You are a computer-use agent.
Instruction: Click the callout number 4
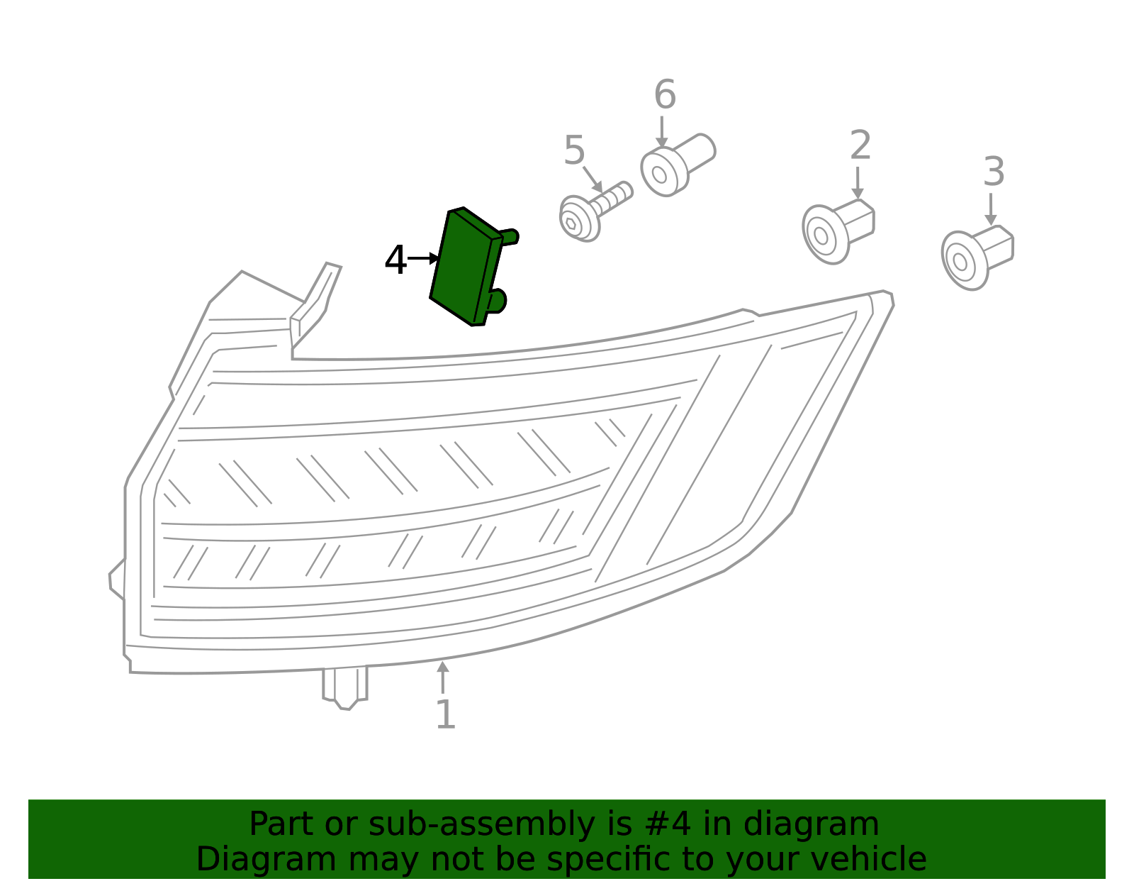pyautogui.click(x=395, y=260)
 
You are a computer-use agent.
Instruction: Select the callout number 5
pyautogui.click(x=574, y=150)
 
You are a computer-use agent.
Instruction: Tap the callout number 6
pyautogui.click(x=665, y=94)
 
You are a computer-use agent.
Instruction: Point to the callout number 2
pyautogui.click(x=860, y=145)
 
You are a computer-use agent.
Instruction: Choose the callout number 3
pyautogui.click(x=994, y=171)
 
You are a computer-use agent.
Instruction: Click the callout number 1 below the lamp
pyautogui.click(x=445, y=714)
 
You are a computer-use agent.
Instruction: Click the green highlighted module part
pyautogui.click(x=471, y=266)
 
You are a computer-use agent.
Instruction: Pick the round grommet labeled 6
pyautogui.click(x=678, y=165)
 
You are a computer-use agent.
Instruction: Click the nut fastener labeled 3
pyautogui.click(x=977, y=258)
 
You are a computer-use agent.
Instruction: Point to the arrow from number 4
pyautogui.click(x=423, y=258)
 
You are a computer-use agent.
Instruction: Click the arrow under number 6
pyautogui.click(x=661, y=131)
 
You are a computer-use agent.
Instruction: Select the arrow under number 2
pyautogui.click(x=857, y=183)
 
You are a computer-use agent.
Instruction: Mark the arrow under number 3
pyautogui.click(x=990, y=209)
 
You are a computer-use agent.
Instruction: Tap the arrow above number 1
pyautogui.click(x=442, y=677)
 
